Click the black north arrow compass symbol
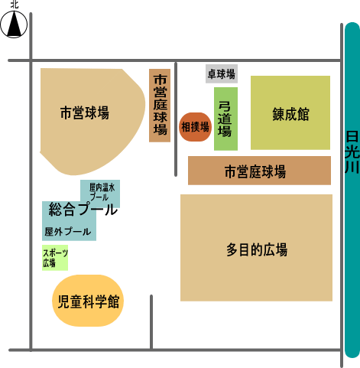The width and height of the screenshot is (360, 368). [14, 24]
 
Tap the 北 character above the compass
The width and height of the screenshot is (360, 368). [15, 5]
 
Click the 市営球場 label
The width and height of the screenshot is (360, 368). [85, 112]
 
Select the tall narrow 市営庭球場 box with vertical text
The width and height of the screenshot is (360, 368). [160, 106]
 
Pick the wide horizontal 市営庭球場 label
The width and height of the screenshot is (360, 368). [255, 171]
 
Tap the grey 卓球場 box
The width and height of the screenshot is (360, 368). [222, 73]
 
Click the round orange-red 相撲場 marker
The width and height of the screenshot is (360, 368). [195, 127]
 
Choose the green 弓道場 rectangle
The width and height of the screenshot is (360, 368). [225, 119]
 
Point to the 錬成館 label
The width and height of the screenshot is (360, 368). [290, 114]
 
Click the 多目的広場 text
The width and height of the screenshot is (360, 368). [257, 249]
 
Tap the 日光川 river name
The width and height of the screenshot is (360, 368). [352, 152]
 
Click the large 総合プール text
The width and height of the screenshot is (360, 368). [83, 209]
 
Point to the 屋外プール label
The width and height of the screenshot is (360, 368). [68, 232]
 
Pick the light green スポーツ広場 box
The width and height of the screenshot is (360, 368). [55, 258]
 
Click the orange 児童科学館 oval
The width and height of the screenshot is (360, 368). [88, 301]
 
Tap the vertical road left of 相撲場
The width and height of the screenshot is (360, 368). [176, 119]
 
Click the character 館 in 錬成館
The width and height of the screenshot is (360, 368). [303, 114]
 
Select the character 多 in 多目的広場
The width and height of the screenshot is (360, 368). [232, 249]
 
